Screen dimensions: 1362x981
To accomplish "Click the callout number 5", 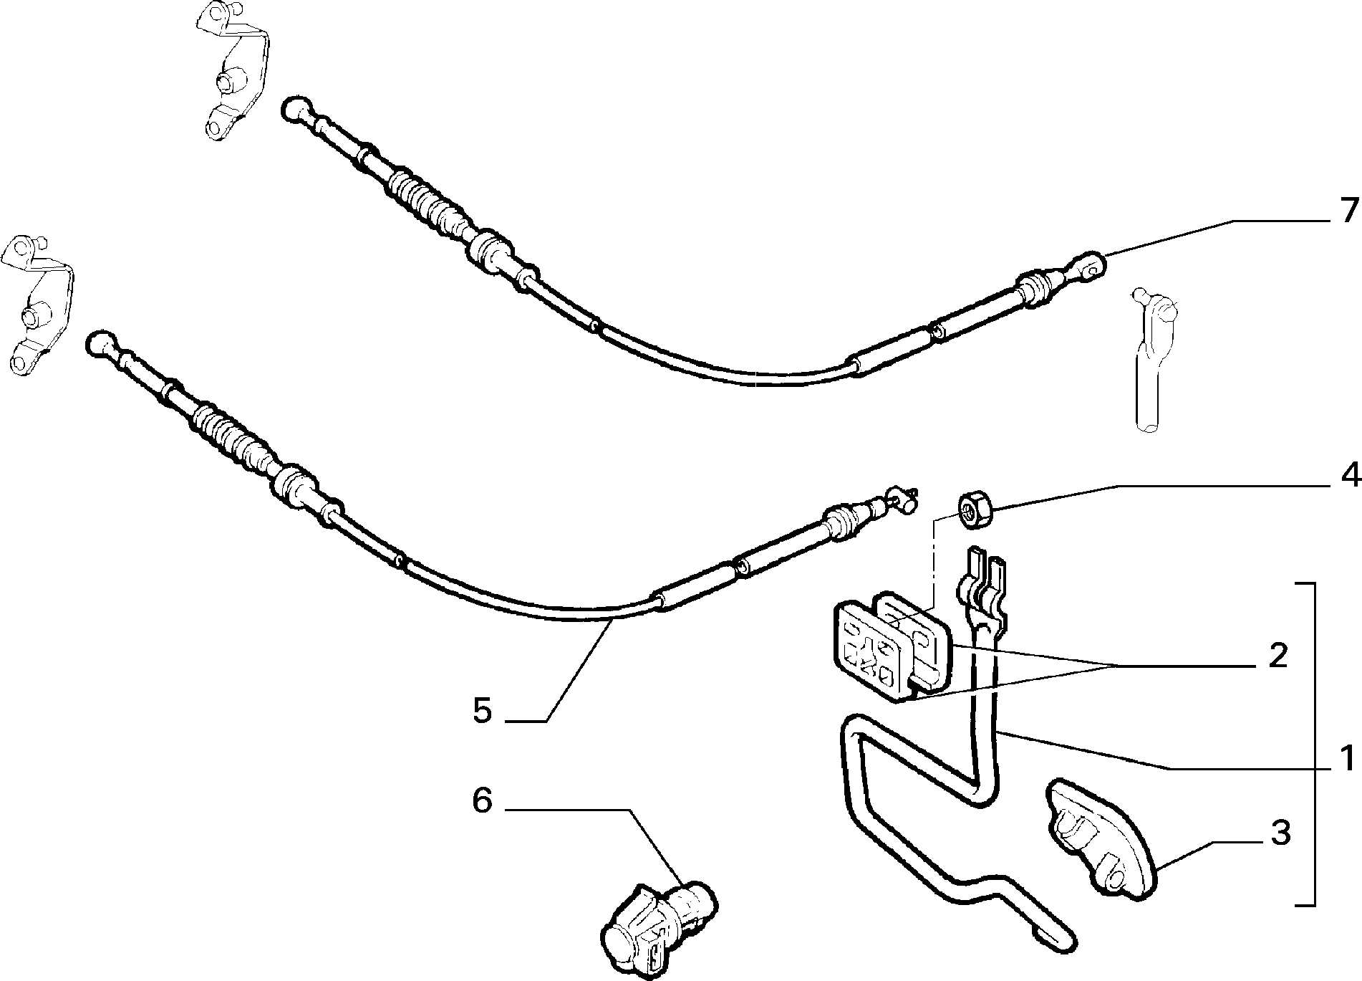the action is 482,710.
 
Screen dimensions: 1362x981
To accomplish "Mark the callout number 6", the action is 482,800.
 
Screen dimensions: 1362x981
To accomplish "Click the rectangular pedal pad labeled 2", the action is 892,645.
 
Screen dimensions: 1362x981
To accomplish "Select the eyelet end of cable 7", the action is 1088,267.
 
